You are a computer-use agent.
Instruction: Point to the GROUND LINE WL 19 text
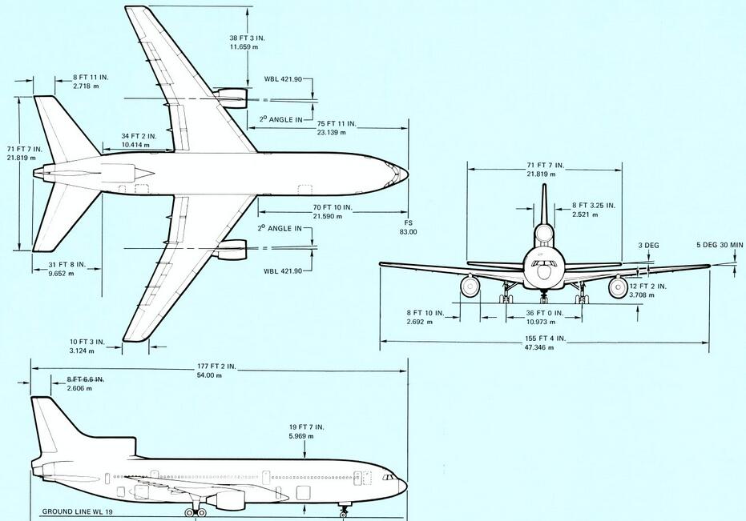point(80,509)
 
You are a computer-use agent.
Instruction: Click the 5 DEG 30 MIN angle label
point(719,246)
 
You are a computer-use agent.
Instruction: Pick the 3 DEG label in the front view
point(649,246)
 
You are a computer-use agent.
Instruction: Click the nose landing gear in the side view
point(344,508)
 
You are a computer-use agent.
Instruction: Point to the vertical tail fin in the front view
point(544,204)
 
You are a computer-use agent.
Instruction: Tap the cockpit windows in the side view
point(390,478)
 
